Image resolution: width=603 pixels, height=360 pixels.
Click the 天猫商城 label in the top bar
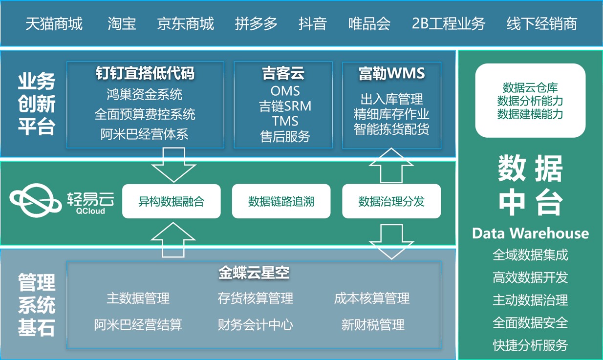pos(54,23)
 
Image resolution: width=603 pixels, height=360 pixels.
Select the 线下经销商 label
pos(541,23)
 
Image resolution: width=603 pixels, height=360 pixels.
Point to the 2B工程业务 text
pos(448,23)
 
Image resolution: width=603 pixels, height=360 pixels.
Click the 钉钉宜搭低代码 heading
pos(145,73)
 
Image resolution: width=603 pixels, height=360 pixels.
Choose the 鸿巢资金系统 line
pos(145,94)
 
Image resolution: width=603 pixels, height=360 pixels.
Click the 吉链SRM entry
pos(285,106)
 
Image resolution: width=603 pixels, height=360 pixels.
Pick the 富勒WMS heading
pos(391,74)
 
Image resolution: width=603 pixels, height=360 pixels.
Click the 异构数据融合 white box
pos(171,201)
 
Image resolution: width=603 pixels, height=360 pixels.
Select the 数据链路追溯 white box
pos(281,201)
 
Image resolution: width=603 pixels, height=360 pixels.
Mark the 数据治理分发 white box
pos(391,201)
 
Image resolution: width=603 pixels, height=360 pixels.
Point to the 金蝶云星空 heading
pos(254,273)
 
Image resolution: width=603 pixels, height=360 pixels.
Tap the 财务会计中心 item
pos(255,324)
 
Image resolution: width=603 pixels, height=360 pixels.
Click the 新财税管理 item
pos(372,324)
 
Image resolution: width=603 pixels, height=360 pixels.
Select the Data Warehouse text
pos(530,233)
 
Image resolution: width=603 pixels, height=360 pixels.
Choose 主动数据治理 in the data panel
pos(530,300)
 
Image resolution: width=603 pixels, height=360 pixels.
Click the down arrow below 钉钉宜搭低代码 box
pos(174,165)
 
